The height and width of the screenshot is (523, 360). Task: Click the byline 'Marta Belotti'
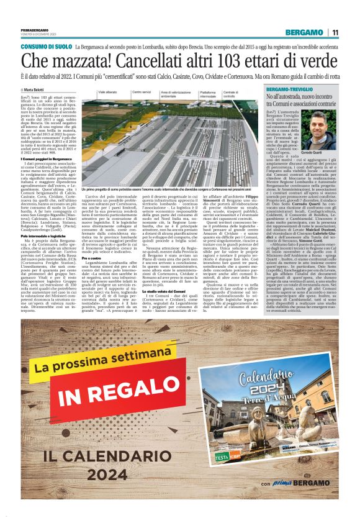37,90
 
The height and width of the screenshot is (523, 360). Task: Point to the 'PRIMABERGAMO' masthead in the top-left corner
34,30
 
